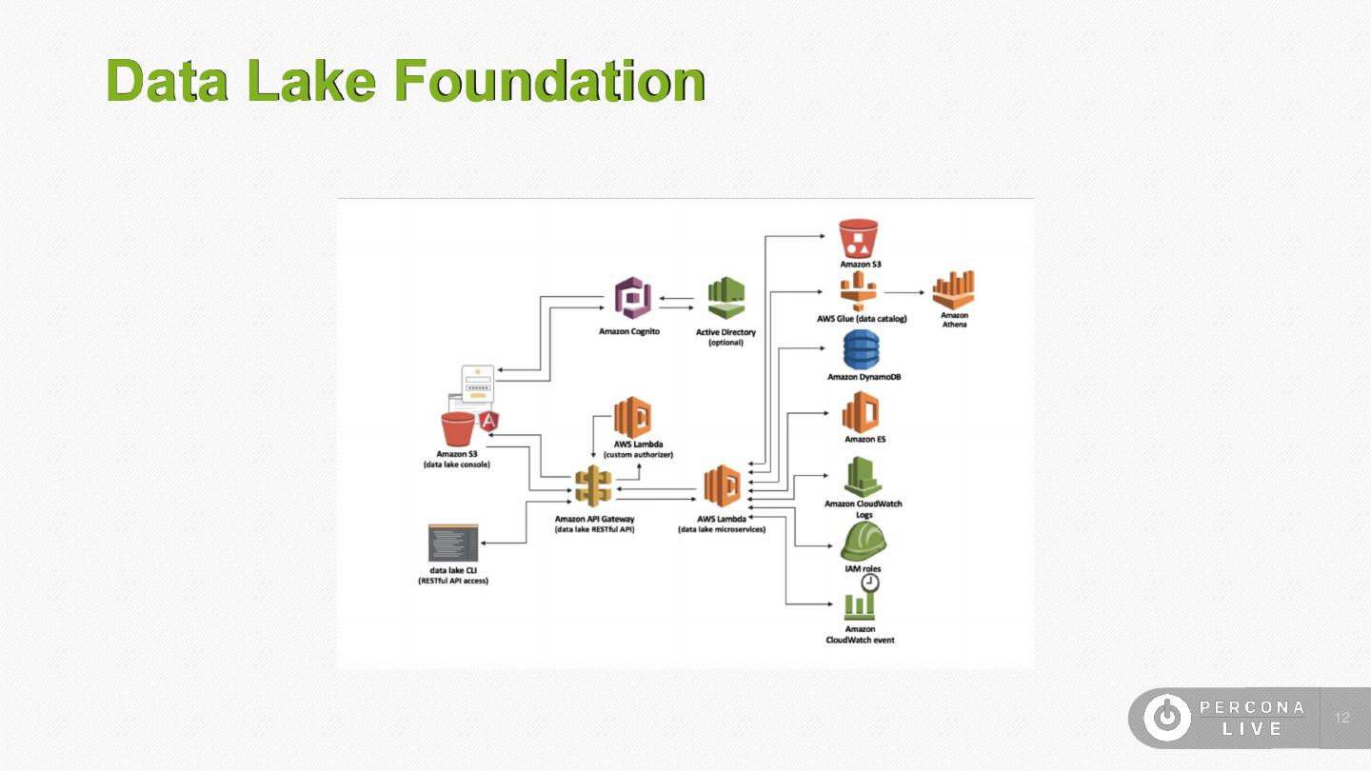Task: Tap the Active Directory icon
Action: click(x=725, y=300)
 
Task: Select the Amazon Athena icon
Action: click(x=954, y=289)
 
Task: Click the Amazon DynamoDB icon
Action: click(x=861, y=349)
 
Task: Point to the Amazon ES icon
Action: click(x=861, y=412)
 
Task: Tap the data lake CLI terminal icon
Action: click(x=452, y=543)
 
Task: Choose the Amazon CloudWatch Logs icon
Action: click(x=863, y=476)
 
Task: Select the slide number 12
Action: click(x=1343, y=718)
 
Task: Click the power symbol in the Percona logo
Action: click(x=1167, y=718)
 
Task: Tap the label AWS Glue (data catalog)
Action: click(x=862, y=319)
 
